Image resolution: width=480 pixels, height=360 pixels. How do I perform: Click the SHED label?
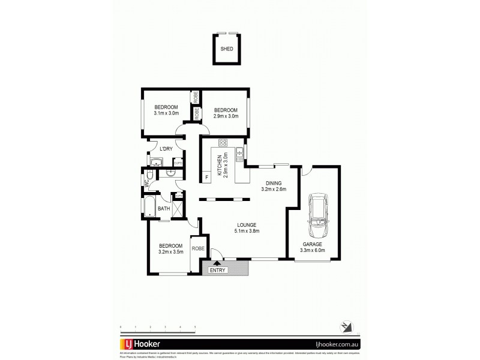tap(227, 50)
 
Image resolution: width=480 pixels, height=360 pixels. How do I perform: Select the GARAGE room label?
tap(312, 245)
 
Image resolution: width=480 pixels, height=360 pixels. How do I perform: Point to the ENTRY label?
tap(217, 271)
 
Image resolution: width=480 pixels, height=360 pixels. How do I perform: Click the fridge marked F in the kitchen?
tap(206, 177)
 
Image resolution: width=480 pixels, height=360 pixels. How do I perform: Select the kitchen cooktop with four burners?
tap(223, 143)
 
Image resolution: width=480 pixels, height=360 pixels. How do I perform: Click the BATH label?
tap(163, 209)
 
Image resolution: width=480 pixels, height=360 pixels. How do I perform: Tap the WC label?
tap(146, 179)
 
